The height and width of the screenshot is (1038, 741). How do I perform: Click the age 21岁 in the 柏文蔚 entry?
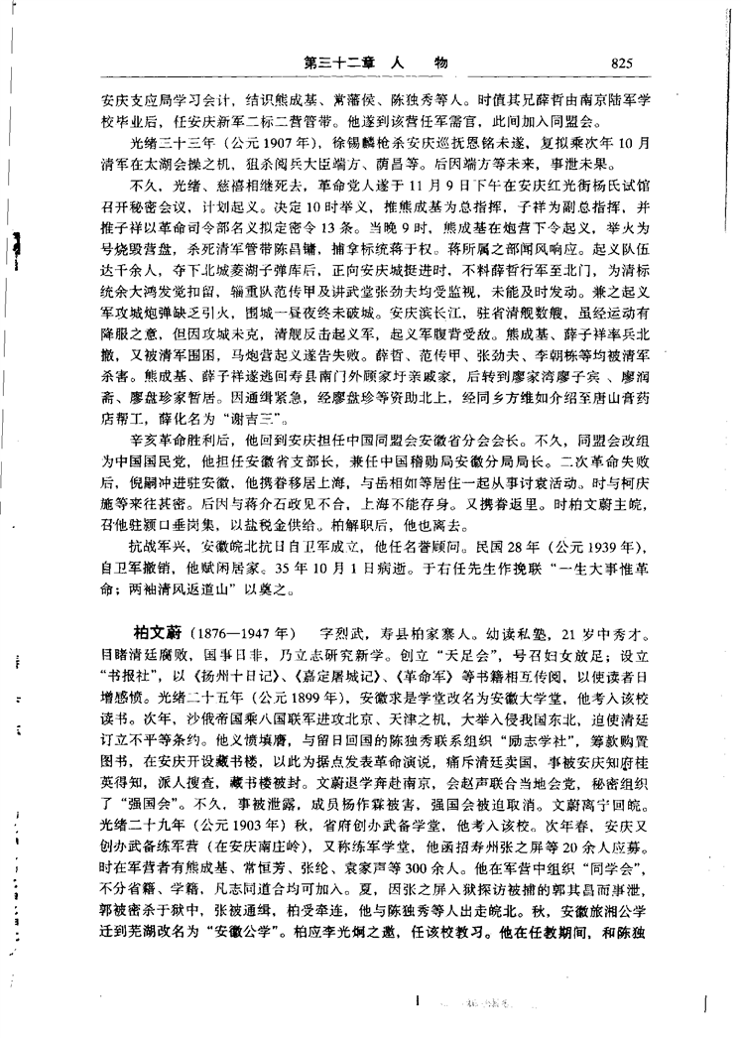[x=556, y=632]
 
